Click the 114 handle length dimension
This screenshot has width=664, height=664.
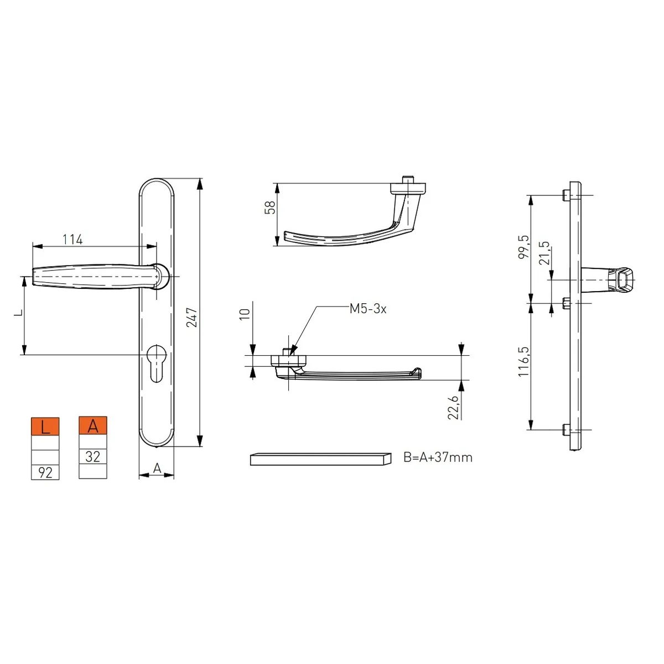coord(72,239)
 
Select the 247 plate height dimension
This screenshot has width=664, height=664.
coord(192,317)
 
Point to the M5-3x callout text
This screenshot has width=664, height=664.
coord(367,309)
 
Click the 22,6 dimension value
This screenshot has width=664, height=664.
coord(453,407)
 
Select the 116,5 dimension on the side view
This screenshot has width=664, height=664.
coord(523,362)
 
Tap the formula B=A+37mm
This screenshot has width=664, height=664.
coord(438,458)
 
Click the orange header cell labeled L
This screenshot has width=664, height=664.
coord(45,427)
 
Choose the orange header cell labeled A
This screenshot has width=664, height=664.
coord(93,426)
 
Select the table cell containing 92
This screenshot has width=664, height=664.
coord(45,473)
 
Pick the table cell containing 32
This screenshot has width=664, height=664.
coord(93,457)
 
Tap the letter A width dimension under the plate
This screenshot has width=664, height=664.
coord(157,469)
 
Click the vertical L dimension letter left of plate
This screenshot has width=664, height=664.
coord(18,313)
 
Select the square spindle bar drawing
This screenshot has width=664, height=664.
coord(320,459)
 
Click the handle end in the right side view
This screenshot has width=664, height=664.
coord(623,280)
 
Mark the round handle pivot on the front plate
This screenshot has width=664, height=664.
coord(159,276)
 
